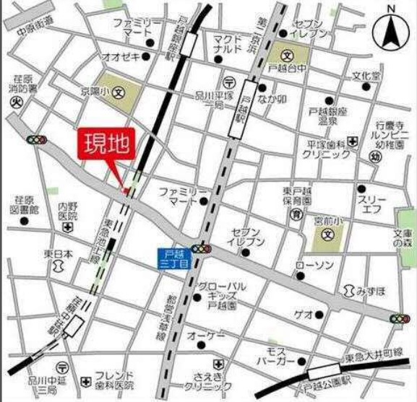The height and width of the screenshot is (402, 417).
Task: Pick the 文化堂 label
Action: (x=366, y=76)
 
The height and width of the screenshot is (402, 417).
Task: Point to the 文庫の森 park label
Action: (x=404, y=240)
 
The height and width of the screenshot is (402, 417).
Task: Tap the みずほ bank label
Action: (x=369, y=289)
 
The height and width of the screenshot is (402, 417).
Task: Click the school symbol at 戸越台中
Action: (x=286, y=54)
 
